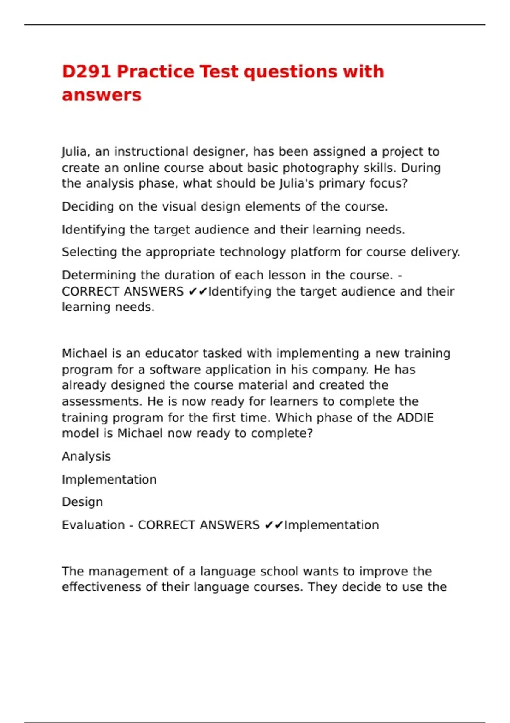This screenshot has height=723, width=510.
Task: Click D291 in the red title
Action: click(x=87, y=71)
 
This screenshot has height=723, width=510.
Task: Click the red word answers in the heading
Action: click(x=102, y=95)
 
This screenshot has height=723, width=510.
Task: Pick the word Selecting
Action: click(x=89, y=252)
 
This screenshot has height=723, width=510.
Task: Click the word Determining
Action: click(x=99, y=275)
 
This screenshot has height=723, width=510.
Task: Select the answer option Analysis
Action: click(x=86, y=456)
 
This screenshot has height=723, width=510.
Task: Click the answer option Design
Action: click(x=82, y=502)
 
